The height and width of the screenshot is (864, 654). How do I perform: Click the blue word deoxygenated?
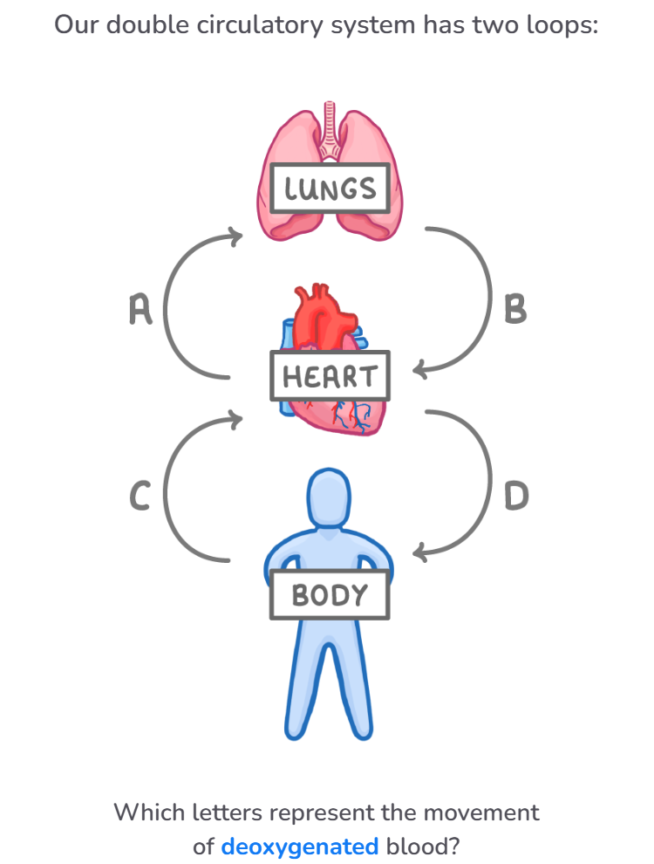(x=299, y=847)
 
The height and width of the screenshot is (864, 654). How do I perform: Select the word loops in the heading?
(x=558, y=24)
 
